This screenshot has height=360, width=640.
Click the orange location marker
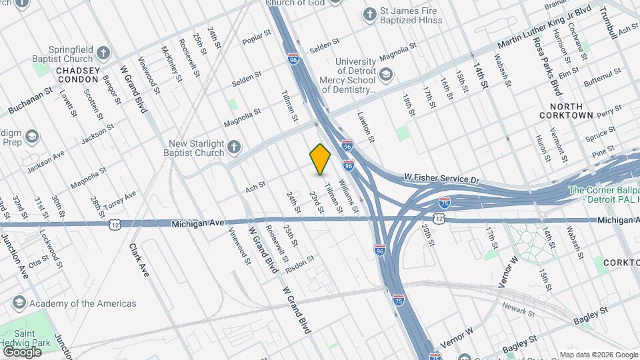click(321, 159)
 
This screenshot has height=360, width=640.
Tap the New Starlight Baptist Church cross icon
click(234, 146)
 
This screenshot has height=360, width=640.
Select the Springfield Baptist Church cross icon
click(103, 53)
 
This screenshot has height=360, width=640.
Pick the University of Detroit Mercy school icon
click(387, 73)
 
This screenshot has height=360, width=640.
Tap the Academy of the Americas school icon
click(19, 303)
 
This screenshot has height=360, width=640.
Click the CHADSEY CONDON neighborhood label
click(78, 75)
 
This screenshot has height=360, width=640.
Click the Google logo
click(22, 351)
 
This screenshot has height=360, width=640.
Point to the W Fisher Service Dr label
click(442, 178)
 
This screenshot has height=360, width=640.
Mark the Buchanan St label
click(29, 103)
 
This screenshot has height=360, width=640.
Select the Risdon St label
click(299, 264)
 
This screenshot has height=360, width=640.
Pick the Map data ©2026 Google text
click(598, 355)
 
